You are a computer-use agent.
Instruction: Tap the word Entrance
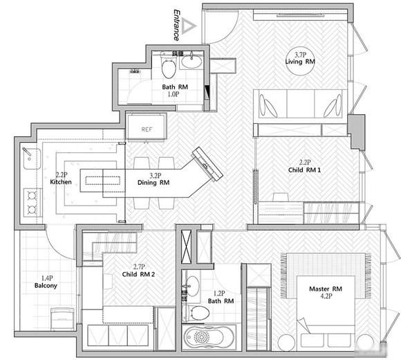[x=176, y=25]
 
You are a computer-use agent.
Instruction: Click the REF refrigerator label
[x=147, y=129]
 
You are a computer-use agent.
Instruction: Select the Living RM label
[x=300, y=62]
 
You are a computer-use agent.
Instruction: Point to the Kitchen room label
[x=61, y=182]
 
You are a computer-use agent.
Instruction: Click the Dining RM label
[x=153, y=183]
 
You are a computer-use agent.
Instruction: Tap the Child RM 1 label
[x=304, y=170]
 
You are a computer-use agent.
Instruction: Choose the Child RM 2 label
[x=138, y=274]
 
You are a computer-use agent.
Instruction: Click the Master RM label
[x=326, y=289]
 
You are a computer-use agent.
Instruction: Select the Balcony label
[x=46, y=285]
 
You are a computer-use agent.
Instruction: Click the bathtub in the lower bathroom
[x=209, y=336]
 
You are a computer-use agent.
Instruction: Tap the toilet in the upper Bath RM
[x=169, y=65]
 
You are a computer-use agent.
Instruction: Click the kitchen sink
[x=32, y=159]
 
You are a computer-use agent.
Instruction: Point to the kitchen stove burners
[x=32, y=203]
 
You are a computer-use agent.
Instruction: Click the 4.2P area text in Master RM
[x=326, y=296]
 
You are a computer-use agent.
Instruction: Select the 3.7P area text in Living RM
[x=300, y=55]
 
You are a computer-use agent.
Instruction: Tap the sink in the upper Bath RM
[x=192, y=62]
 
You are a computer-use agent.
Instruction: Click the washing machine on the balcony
[x=63, y=319]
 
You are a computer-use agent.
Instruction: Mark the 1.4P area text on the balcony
[x=47, y=278]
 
